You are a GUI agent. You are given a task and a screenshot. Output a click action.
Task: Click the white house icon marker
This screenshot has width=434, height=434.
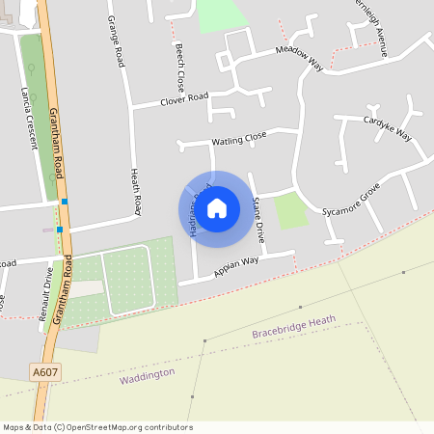pos(217,207)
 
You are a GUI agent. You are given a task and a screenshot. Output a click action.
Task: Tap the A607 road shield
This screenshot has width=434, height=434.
pos(43,370)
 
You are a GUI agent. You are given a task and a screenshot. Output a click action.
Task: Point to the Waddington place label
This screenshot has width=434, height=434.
pos(148,374)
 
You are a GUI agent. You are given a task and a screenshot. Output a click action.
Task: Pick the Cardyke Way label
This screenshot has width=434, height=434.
pos(387,129)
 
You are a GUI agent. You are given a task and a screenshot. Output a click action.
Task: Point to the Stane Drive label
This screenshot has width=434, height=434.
pos(257,212)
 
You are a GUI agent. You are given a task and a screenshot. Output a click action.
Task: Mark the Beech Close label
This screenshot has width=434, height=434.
pos(179,67)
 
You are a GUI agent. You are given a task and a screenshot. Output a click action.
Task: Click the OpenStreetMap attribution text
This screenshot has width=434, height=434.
pos(97,427)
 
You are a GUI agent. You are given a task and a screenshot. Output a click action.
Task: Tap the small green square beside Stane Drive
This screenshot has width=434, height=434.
pos(290,210)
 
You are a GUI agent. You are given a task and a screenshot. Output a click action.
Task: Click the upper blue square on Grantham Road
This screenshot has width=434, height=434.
pos(65,201)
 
